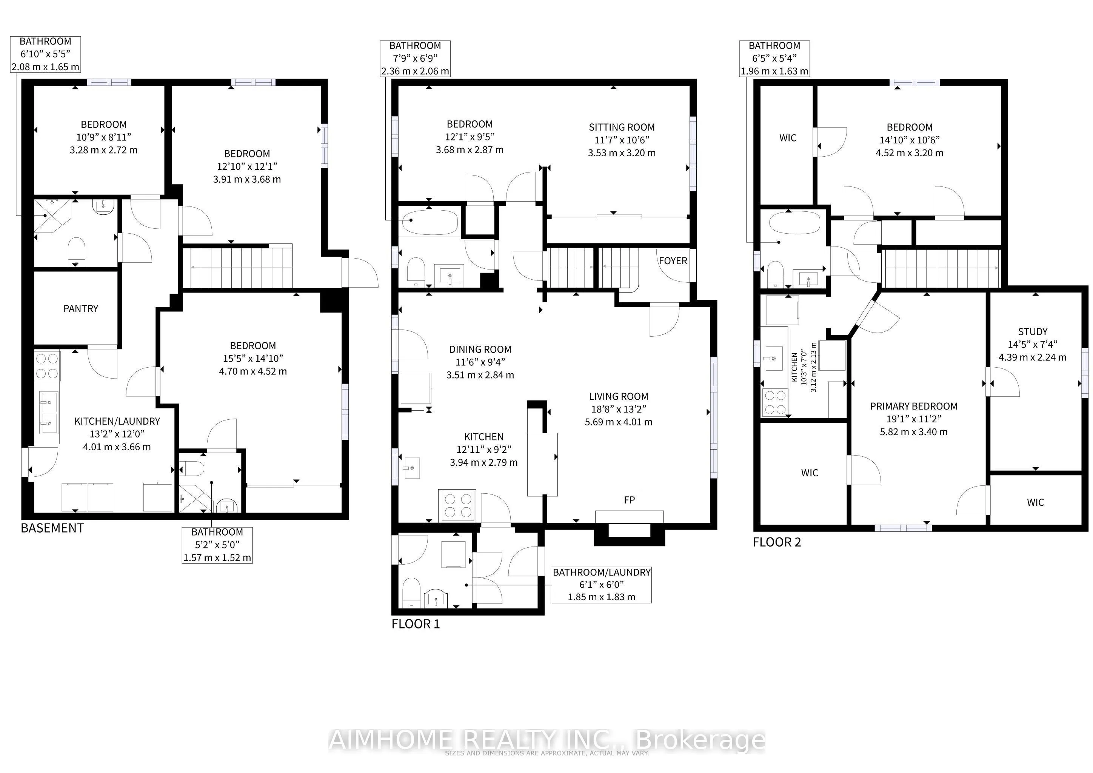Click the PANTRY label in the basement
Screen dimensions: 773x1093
pos(80,308)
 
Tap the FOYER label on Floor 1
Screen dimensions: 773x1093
pos(673,261)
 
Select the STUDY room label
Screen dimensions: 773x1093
pos(1033,331)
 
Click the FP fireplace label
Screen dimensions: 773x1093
pos(629,500)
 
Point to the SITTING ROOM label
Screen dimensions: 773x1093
pos(621,127)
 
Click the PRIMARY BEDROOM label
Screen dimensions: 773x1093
pos(913,406)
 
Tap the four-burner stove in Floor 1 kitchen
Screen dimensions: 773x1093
pos(457,505)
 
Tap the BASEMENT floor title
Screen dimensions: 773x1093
pos(52,528)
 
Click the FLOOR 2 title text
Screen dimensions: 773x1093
pos(776,542)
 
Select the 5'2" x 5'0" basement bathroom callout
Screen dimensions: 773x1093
pos(217,545)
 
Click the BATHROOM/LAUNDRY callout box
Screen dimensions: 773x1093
pos(601,585)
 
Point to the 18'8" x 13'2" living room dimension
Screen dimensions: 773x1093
pos(618,409)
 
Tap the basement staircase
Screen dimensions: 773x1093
pos(237,268)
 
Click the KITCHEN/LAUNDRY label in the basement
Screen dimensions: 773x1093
pos(117,421)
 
